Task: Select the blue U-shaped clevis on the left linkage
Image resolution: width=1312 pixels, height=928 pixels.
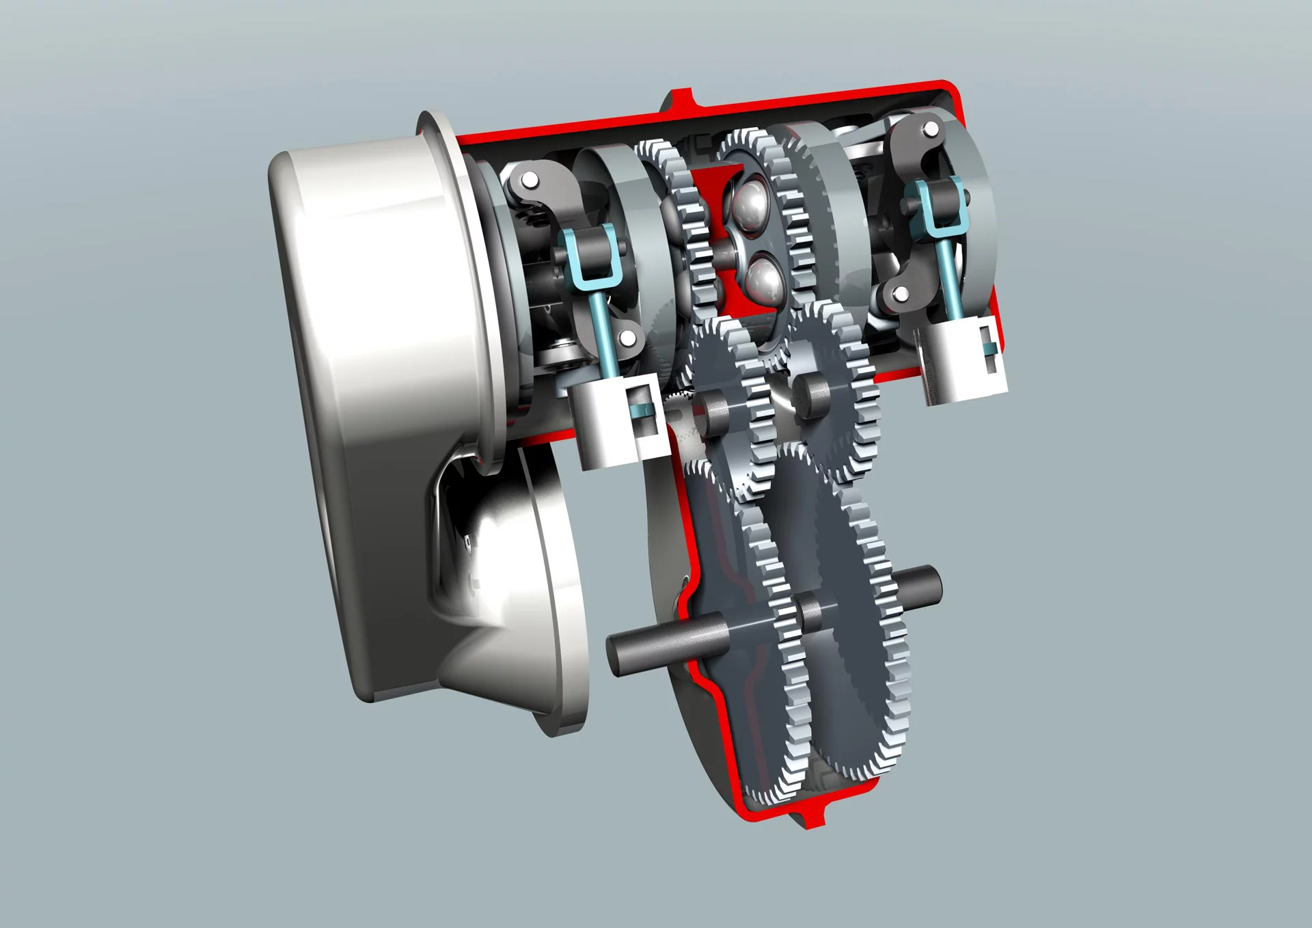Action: [x=588, y=256]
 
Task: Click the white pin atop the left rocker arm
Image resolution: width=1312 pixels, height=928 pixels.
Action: [x=529, y=180]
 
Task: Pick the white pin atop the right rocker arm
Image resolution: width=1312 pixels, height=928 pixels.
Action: [x=930, y=129]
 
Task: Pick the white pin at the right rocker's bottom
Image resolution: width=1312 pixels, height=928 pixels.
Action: [x=901, y=295]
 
